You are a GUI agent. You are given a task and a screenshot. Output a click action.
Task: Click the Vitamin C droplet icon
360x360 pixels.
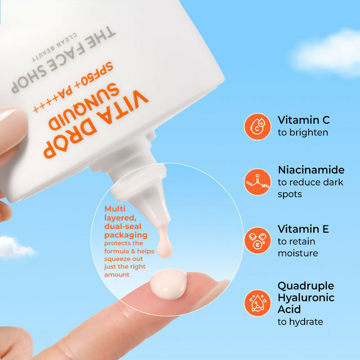pyautogui.click(x=257, y=126)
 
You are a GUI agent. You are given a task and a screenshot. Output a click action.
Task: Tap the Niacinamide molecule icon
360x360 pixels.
pyautogui.click(x=257, y=182)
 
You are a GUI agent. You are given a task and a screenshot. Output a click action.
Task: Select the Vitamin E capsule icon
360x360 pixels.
pyautogui.click(x=257, y=241)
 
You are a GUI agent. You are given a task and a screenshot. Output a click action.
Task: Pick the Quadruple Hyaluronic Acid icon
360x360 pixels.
pyautogui.click(x=257, y=303)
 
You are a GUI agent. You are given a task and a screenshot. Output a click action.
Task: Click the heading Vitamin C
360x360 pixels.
pyautogui.click(x=304, y=120)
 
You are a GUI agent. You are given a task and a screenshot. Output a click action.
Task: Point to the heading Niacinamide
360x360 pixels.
pyautogui.click(x=311, y=170)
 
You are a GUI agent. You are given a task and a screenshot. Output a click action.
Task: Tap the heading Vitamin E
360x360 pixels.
pyautogui.click(x=303, y=229)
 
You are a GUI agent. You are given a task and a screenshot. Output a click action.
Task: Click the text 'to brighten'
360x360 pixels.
pyautogui.click(x=303, y=133)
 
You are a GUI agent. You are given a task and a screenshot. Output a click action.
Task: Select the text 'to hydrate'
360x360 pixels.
pyautogui.click(x=300, y=322)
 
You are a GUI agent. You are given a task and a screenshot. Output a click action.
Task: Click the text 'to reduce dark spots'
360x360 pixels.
pyautogui.click(x=310, y=188)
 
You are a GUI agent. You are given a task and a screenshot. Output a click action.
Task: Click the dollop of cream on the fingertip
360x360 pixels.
pyautogui.click(x=167, y=285)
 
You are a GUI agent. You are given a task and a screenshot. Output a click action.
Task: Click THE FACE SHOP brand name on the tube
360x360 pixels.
pyautogui.click(x=63, y=61)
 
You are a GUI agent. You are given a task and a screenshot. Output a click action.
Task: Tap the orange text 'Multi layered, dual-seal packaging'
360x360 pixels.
pyautogui.click(x=126, y=222)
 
